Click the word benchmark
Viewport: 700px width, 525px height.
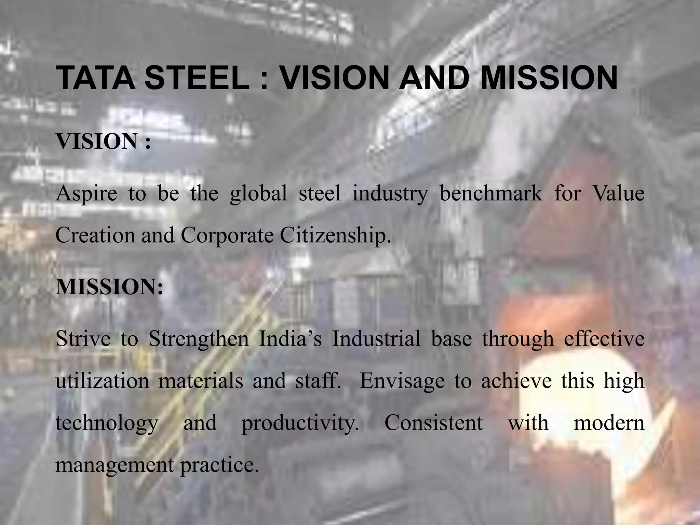[x=491, y=193]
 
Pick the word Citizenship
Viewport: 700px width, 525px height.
[x=335, y=236]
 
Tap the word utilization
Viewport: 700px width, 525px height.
[x=102, y=381]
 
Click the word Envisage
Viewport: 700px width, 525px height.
[x=402, y=381]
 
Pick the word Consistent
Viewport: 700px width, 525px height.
[x=433, y=423]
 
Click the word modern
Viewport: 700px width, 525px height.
[x=609, y=423]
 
